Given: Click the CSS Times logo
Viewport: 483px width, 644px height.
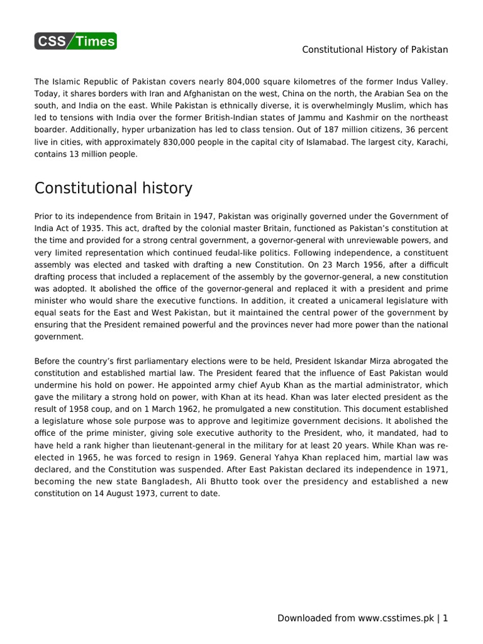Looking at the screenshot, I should point(75,42).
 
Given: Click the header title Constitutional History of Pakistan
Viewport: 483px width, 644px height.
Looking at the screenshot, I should point(375,50).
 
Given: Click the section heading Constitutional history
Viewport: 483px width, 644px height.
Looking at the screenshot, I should point(113,188).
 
